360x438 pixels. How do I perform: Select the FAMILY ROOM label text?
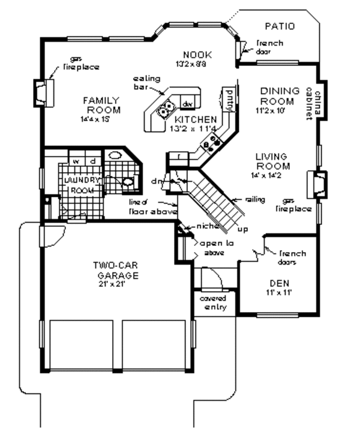(101, 105)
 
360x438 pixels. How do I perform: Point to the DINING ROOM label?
(280, 95)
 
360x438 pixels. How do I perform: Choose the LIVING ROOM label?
(273, 161)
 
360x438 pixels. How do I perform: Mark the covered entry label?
(212, 303)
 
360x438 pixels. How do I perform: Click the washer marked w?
(76, 161)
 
